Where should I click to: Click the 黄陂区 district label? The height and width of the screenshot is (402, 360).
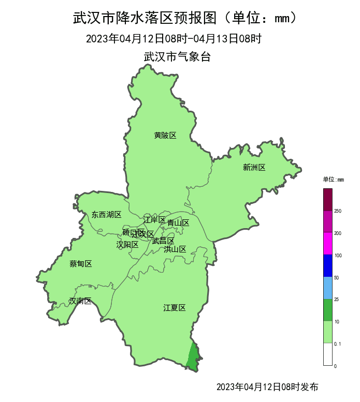[165, 136]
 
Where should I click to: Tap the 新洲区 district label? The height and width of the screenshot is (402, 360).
[254, 167]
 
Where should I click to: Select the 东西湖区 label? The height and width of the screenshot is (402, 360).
[106, 214]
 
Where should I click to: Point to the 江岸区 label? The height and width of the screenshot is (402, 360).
[154, 220]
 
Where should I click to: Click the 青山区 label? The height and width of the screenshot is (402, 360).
[178, 223]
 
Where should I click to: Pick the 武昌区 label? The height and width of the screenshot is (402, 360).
[163, 241]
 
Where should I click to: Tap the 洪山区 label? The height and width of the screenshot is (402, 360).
[175, 249]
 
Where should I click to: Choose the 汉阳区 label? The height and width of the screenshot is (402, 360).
[127, 244]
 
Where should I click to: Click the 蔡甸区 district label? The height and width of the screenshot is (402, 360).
[80, 264]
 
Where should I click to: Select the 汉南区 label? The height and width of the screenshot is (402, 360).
[80, 301]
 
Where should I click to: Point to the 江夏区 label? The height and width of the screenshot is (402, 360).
[175, 308]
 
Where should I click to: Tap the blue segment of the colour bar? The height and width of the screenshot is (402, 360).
[327, 265]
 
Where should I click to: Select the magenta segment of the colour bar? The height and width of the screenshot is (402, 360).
[327, 243]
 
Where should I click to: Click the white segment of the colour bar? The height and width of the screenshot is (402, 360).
[327, 354]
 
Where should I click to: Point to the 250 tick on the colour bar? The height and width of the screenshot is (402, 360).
[338, 211]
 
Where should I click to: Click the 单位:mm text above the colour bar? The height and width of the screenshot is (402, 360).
[333, 180]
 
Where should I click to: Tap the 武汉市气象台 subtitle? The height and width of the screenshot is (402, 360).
[177, 57]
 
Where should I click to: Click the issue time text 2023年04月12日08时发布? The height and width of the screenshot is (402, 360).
[267, 386]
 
